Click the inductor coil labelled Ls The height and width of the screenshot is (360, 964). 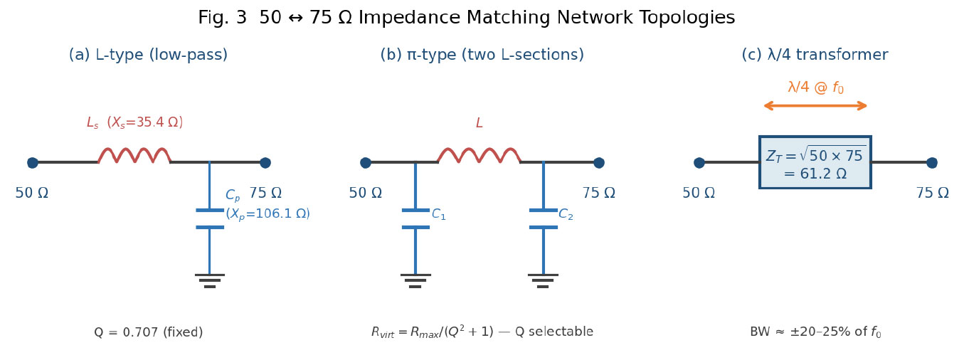tap(134, 155)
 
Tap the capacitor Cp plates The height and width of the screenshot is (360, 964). tap(210, 218)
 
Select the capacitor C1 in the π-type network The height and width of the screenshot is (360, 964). tap(415, 218)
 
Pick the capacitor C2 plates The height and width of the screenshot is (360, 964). tap(543, 218)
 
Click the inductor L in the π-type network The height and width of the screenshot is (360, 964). tap(479, 155)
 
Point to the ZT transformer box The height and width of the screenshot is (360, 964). tap(815, 162)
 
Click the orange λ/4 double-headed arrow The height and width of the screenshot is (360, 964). tap(815, 106)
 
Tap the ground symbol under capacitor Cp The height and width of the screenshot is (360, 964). tap(210, 281)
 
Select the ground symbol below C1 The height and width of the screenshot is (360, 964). tap(415, 281)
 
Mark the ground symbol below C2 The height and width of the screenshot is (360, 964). tap(543, 281)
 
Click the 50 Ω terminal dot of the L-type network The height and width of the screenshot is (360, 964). tap(33, 163)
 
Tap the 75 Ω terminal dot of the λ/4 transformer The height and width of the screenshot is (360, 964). tap(932, 163)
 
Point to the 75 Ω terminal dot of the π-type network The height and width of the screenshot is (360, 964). tap(598, 163)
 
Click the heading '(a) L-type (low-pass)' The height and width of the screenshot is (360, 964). tap(148, 55)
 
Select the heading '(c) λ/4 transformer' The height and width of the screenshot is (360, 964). tap(815, 55)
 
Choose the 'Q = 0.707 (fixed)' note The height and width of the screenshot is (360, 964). tap(149, 332)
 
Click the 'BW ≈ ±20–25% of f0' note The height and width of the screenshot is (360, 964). tap(815, 332)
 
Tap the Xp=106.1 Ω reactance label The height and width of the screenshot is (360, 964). tap(268, 213)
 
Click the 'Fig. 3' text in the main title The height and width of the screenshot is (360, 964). tap(222, 18)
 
